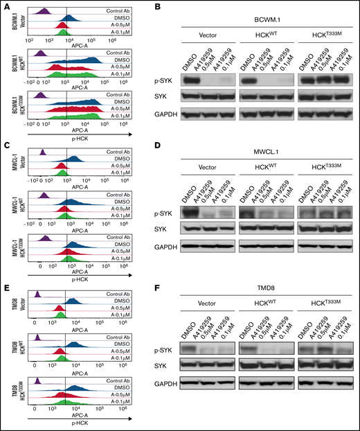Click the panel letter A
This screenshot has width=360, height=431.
click(6, 7)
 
